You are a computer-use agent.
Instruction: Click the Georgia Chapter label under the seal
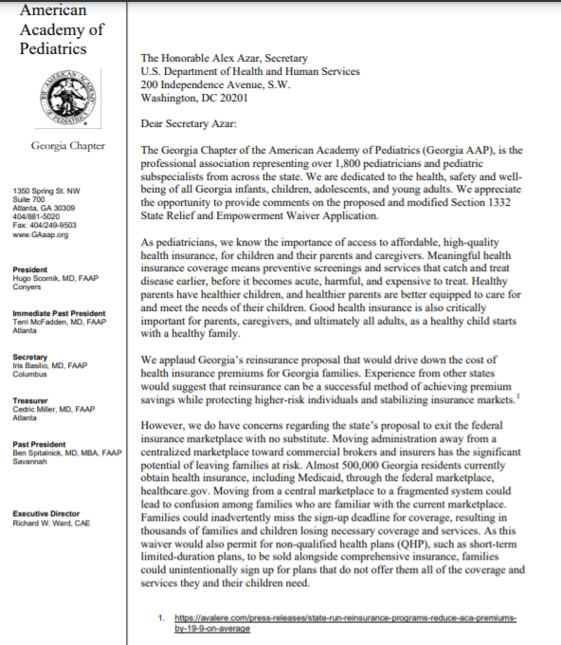[67, 145]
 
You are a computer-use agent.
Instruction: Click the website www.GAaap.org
[41, 234]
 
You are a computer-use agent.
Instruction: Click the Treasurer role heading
[31, 400]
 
